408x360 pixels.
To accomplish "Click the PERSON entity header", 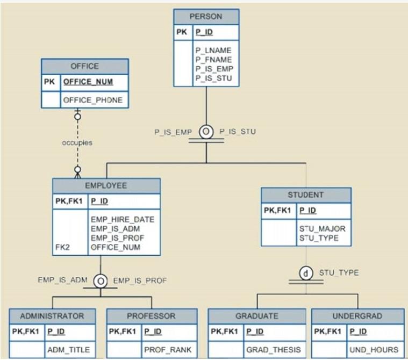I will tap(206, 17).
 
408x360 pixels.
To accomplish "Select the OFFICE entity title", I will tap(85, 66).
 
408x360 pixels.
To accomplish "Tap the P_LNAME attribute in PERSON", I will tap(213, 51).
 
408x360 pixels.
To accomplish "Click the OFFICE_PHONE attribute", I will tap(93, 100).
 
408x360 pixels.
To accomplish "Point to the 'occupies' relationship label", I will tap(77, 143).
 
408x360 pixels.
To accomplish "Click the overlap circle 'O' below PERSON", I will tap(206, 132).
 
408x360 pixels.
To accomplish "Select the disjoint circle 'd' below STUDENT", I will tap(306, 273).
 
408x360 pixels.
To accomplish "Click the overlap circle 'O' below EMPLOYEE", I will tap(100, 280).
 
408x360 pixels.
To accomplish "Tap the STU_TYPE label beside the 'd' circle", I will tap(339, 273).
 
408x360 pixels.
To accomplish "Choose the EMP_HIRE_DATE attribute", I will tap(123, 219).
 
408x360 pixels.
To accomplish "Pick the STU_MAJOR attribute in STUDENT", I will tap(323, 228).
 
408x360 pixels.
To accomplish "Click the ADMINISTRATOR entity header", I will tap(52, 316).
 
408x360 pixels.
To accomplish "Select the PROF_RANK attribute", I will tap(167, 350).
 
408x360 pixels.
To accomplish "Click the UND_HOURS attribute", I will tap(374, 350).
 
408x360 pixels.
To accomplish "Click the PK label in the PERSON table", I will tap(182, 32).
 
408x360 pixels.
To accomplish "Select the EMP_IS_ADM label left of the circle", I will tap(62, 280).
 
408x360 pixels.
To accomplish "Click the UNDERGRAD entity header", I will tap(357, 316).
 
